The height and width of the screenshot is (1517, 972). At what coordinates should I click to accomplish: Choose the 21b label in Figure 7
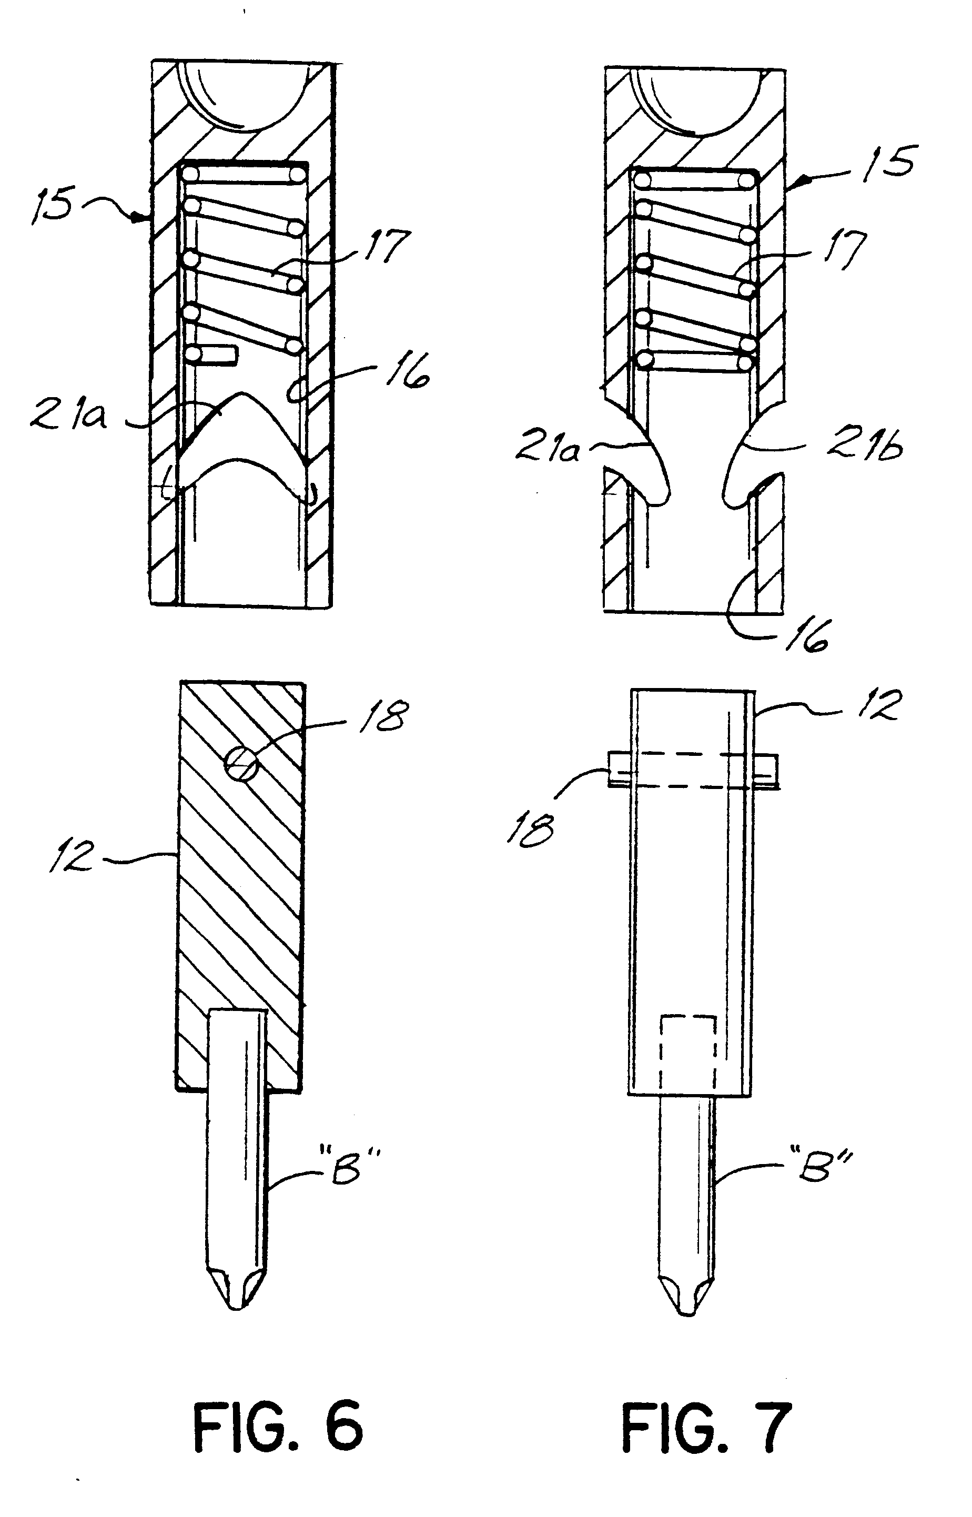click(865, 446)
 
